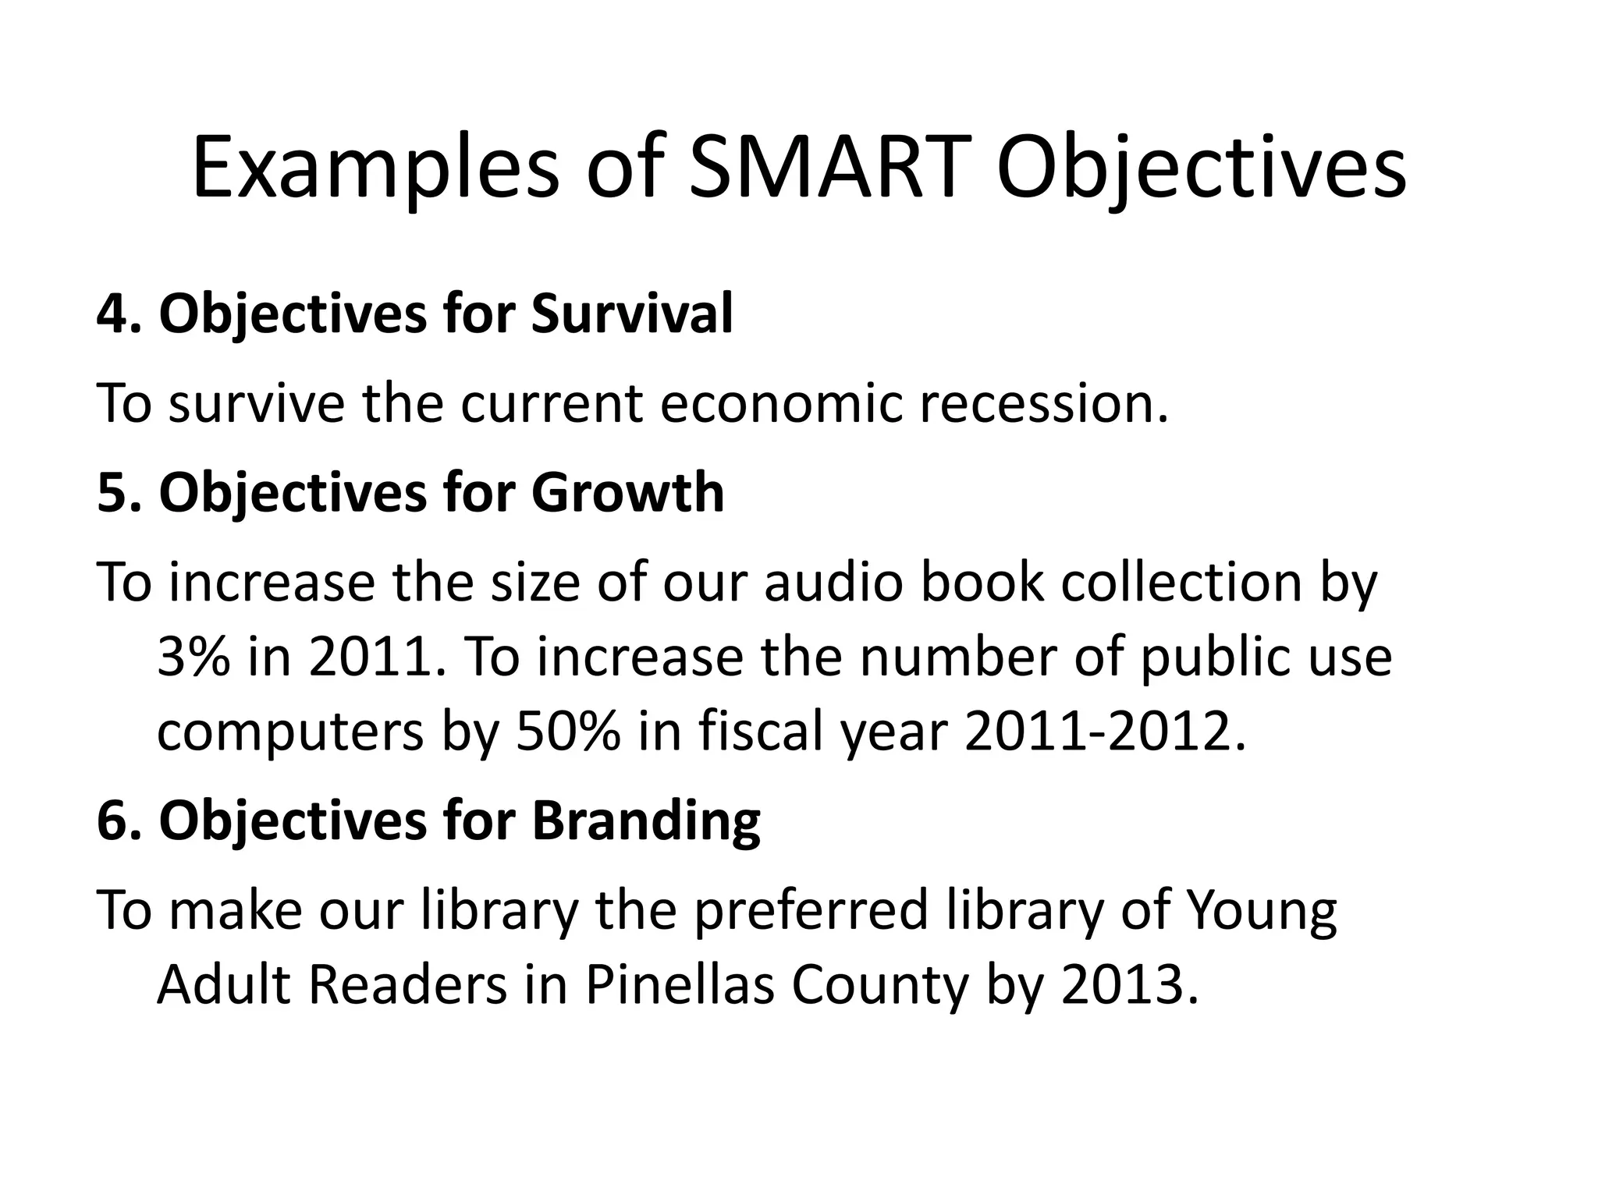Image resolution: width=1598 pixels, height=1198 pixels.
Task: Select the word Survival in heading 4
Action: (632, 314)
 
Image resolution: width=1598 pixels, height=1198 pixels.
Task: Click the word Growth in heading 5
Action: (627, 493)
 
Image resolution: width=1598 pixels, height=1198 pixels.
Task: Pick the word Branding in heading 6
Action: (645, 821)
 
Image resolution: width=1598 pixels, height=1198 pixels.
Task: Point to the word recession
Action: (1044, 404)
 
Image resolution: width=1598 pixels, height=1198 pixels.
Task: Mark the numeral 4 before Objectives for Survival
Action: (112, 314)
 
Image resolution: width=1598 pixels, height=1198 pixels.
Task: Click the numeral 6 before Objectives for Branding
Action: (112, 821)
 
